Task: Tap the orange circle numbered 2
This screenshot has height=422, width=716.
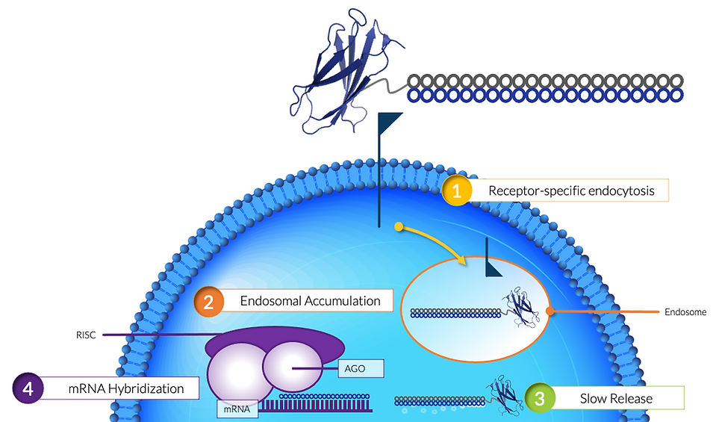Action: pos(209,301)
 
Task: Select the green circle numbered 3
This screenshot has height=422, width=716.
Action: pos(538,398)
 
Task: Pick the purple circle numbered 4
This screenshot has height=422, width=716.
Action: pos(28,388)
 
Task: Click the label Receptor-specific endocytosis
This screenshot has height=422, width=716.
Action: pos(571,190)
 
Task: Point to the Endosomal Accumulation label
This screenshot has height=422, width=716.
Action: pos(310,301)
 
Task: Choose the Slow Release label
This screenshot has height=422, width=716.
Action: pos(616,398)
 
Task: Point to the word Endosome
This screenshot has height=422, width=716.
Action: pos(685,311)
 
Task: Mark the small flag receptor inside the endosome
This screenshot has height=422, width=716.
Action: pos(494,266)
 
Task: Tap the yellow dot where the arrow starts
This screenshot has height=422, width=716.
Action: pos(399,225)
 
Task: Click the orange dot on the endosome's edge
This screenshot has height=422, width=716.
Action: pos(549,311)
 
